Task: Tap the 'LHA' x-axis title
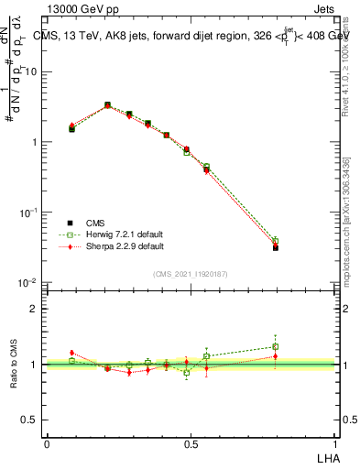point(326,456)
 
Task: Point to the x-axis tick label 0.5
point(191,443)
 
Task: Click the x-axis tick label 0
point(47,443)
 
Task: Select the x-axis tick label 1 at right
point(335,443)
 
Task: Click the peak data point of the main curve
point(107,105)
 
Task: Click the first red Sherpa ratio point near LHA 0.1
point(71,353)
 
